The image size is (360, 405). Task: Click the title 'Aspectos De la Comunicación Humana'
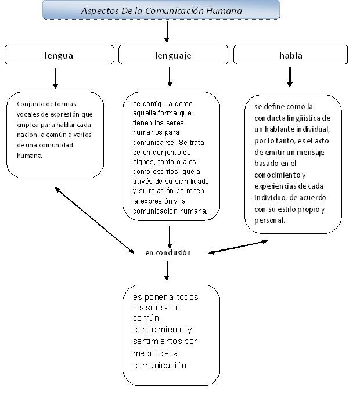point(161,10)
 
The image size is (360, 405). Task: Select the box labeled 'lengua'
point(59,56)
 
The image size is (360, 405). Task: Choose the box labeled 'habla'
point(290,56)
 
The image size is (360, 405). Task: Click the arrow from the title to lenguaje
point(167,32)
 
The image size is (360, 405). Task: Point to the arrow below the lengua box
point(56,78)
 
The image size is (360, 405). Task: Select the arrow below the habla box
point(290,77)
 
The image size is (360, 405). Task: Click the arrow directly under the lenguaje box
point(170,77)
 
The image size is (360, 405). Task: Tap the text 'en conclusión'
point(168,253)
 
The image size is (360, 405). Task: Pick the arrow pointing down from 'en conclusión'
point(167,270)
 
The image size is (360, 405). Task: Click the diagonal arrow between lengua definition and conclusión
point(95,220)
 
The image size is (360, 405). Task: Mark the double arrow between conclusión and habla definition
point(238,247)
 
